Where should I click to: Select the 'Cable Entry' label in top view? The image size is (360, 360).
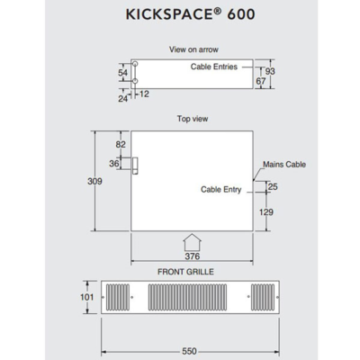220,190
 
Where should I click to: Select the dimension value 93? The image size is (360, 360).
271,70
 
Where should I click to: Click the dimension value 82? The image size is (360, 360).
121,144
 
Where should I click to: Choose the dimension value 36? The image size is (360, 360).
114,164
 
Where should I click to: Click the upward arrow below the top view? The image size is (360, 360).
192,242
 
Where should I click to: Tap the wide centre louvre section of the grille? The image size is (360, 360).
192,296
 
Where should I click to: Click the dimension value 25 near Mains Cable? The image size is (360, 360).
272,186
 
